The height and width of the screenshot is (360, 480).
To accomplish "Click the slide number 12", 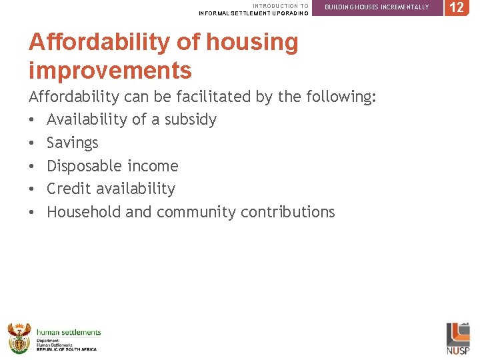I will point(457,7).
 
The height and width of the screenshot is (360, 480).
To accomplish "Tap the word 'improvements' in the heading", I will point(110,69).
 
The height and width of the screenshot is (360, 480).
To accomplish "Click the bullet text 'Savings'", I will point(72,143).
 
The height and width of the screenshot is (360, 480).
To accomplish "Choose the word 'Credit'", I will point(67,189).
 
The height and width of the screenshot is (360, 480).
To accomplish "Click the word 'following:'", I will point(341,97).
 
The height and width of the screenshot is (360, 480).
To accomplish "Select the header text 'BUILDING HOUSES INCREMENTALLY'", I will point(377,7).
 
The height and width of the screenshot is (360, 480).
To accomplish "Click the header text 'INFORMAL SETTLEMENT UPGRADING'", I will point(253,13).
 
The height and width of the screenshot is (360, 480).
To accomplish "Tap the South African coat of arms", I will point(19,337).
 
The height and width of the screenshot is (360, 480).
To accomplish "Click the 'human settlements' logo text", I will point(69,332).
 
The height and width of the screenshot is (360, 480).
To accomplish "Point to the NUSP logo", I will point(457,339).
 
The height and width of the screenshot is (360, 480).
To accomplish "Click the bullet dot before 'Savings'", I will point(32,143).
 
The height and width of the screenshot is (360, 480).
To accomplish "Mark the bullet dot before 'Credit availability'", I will point(32,189).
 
